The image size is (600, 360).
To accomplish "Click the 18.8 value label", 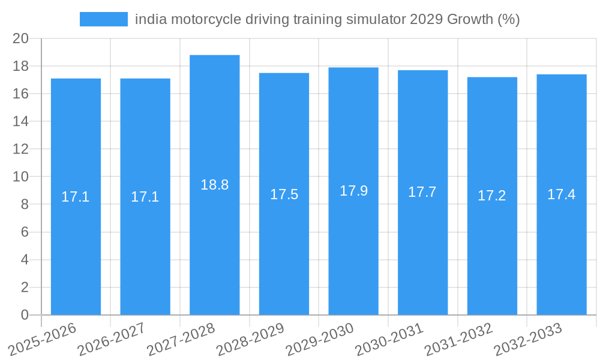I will pyautogui.click(x=215, y=185).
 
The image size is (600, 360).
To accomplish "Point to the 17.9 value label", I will pyautogui.click(x=353, y=191).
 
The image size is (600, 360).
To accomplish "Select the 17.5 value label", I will pyautogui.click(x=284, y=194).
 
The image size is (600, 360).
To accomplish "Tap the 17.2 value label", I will pyautogui.click(x=492, y=196).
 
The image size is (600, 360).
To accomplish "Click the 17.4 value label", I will pyautogui.click(x=562, y=194).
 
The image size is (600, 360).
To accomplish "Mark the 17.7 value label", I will pyautogui.click(x=422, y=192).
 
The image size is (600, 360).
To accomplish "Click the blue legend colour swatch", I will pyautogui.click(x=104, y=19).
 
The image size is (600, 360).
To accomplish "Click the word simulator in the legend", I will pyautogui.click(x=376, y=19).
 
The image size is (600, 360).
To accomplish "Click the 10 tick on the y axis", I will pyautogui.click(x=20, y=176).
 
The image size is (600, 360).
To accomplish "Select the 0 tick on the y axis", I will pyautogui.click(x=25, y=315).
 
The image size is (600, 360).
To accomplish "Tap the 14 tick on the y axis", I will pyautogui.click(x=20, y=121).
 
